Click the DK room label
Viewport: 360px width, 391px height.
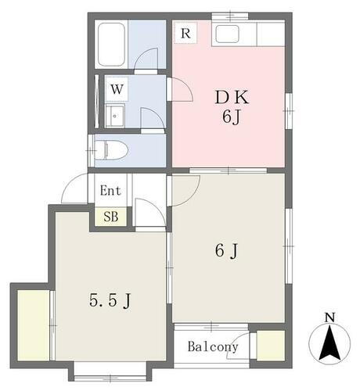coord(232,98)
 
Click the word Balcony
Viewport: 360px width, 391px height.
coord(212,346)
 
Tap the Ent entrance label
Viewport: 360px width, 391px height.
coord(110,190)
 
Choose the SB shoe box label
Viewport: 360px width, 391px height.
coord(110,217)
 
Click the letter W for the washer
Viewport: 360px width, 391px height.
coord(117,88)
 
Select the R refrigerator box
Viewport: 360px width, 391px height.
coord(185,33)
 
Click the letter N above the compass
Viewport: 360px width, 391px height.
coord(329,317)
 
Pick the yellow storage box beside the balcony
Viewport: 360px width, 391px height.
coord(270,346)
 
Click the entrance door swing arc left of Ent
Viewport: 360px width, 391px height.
coord(75,190)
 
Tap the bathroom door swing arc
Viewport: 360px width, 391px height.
coord(147,59)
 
